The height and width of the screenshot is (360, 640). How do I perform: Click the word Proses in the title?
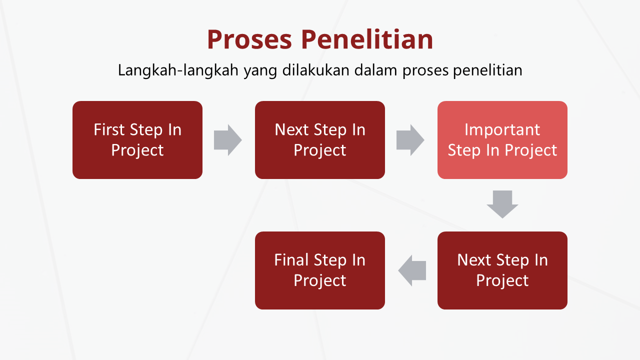point(249,39)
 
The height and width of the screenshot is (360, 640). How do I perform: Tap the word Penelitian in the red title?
point(367,39)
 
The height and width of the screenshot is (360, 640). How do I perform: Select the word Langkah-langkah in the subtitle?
point(178,70)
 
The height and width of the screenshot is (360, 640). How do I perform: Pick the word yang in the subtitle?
point(260,71)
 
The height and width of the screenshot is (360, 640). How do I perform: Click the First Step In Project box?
point(137,140)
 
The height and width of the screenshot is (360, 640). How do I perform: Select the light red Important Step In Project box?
point(502,140)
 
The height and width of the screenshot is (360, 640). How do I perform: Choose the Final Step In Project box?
point(319,270)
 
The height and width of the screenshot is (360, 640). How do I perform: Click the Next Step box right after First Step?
point(319,140)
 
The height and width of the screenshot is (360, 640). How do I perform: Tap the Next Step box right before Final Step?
point(502,270)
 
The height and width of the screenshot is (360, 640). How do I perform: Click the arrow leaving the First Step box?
point(227,140)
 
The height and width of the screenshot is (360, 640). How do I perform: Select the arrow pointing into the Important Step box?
point(410,140)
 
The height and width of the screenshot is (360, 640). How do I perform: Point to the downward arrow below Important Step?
point(502,204)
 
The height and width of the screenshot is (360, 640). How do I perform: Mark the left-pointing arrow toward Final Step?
point(412,270)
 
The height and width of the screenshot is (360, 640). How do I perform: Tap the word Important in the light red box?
point(502,130)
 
